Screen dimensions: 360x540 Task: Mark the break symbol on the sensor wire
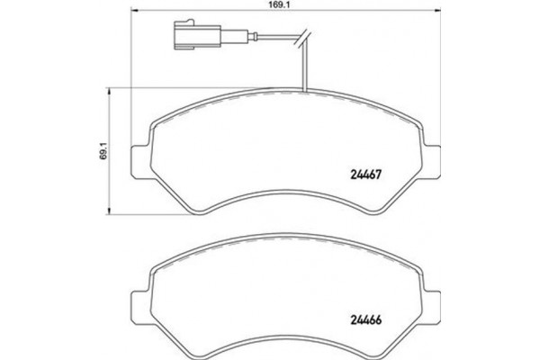(x=306, y=39)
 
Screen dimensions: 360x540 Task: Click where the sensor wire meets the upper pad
(x=306, y=92)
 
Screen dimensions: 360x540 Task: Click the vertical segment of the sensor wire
(x=306, y=67)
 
